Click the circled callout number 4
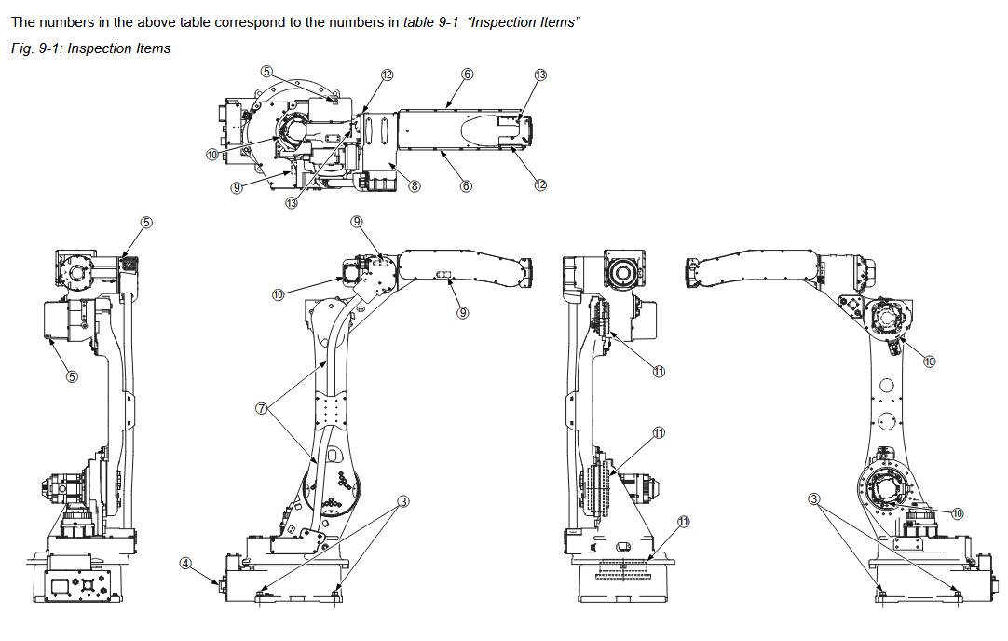tap(185, 564)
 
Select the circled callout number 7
tap(261, 408)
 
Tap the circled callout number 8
tap(415, 186)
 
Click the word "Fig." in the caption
tap(22, 48)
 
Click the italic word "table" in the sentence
tap(418, 22)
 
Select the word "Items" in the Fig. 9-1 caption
tap(153, 48)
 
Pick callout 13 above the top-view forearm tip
tap(540, 75)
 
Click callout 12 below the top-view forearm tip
tap(540, 185)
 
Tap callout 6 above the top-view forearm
tap(468, 75)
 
